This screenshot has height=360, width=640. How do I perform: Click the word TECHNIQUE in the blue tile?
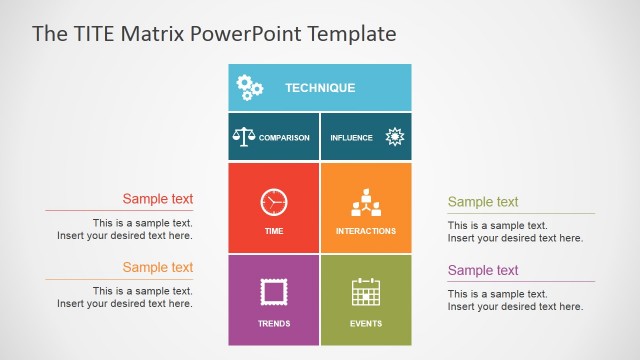pos(320,88)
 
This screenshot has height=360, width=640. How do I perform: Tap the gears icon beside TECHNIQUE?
pos(250,89)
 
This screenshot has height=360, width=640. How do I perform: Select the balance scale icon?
pos(243,137)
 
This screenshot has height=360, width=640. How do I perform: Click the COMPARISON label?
pos(284,138)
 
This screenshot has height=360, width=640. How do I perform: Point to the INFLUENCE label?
pos(351,138)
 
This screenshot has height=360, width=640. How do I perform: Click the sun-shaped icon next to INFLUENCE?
pos(394,137)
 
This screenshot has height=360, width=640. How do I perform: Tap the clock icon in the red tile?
pos(274,202)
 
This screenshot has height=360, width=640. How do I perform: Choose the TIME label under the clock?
pos(274,231)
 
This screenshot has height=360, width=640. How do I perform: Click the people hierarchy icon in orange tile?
pos(365,203)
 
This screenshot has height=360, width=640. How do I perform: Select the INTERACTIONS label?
pos(365,231)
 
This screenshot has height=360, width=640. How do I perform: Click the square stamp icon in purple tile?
pos(274,292)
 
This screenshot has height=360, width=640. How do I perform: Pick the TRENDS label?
pos(274,324)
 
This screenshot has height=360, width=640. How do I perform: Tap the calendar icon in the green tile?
pos(366,292)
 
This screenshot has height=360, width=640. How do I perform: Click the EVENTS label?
pos(366,324)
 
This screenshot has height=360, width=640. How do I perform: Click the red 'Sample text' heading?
pos(158,199)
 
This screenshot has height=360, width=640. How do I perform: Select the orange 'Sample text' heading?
pos(158,267)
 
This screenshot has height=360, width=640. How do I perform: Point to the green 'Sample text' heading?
pos(483,202)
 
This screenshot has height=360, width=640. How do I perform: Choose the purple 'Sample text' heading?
pos(483,270)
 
